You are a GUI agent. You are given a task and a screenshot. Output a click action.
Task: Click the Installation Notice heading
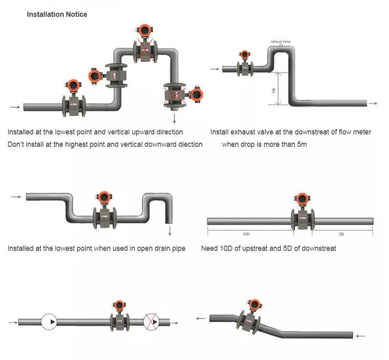tap(57, 15)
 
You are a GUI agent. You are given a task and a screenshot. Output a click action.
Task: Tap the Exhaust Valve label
tap(280, 41)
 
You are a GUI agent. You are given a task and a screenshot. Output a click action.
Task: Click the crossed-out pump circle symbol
tap(151, 321)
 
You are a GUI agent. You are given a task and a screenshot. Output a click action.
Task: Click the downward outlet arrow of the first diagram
tap(175, 118)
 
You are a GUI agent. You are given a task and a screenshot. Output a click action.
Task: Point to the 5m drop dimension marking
tap(274, 89)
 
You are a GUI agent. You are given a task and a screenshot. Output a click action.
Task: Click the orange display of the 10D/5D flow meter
tap(302, 199)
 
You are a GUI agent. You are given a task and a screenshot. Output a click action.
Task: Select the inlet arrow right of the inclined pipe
tap(360, 336)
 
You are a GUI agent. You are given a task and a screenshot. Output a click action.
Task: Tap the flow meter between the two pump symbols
tap(119, 317)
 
